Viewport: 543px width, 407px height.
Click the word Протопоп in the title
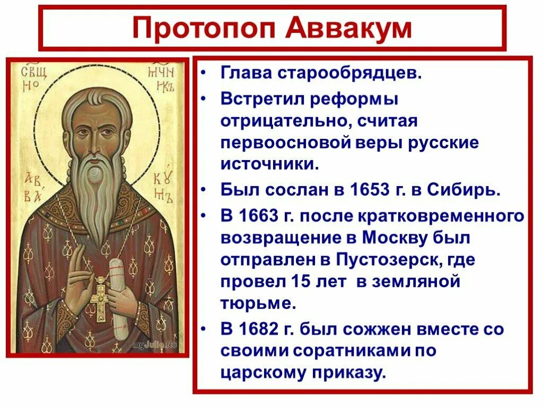(200, 28)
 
